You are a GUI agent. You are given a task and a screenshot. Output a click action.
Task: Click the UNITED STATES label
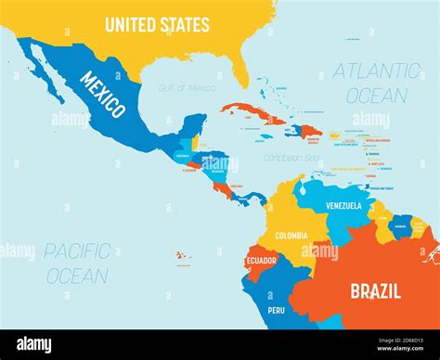click(x=157, y=25)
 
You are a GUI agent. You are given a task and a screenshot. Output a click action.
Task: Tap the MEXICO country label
click(x=101, y=95)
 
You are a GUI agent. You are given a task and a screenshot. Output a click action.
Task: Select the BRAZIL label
click(x=375, y=290)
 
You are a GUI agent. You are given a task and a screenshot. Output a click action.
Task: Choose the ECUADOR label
click(x=261, y=261)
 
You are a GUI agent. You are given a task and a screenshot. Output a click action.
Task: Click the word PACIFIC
click(x=77, y=251)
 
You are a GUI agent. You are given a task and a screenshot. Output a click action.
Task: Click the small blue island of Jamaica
click(x=266, y=136)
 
